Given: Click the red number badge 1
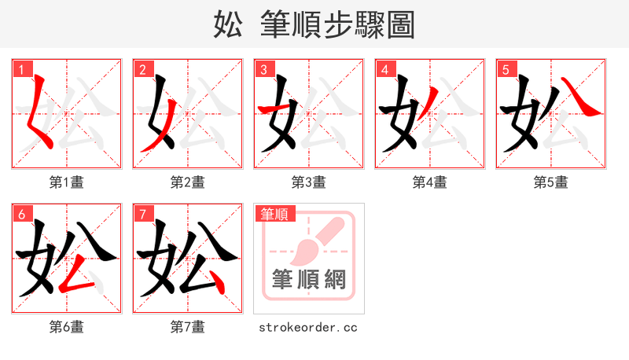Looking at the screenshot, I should click(x=21, y=69).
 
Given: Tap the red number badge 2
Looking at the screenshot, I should click(x=142, y=69).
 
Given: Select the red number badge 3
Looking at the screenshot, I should click(x=263, y=69).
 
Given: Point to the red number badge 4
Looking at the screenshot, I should click(x=384, y=69).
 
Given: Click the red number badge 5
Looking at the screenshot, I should click(x=506, y=69).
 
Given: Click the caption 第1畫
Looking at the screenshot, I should click(x=67, y=182).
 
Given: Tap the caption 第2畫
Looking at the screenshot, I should click(x=188, y=182).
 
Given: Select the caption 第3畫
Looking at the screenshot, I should click(x=309, y=182).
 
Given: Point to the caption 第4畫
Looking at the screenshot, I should click(x=430, y=182).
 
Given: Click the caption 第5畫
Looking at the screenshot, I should click(x=551, y=182).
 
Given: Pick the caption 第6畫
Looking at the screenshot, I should click(x=67, y=326).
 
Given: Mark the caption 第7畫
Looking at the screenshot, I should click(x=188, y=326).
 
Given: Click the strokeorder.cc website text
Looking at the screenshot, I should click(x=308, y=326).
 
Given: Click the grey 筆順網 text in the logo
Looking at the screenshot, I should click(x=309, y=279).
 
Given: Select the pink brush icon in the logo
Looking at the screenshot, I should click(x=314, y=240).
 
